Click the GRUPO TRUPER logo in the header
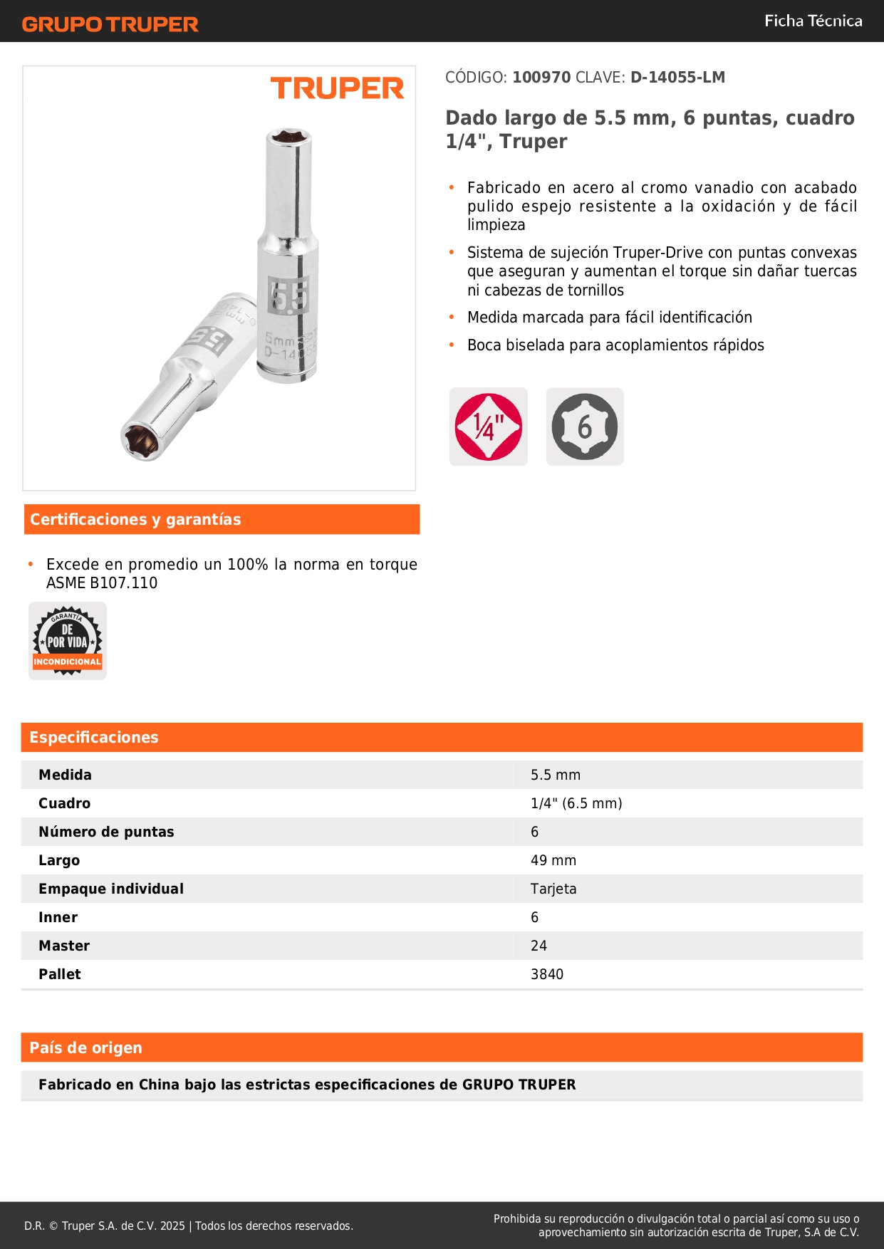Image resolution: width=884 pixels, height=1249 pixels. point(110,24)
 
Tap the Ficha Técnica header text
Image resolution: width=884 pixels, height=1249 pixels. point(813,21)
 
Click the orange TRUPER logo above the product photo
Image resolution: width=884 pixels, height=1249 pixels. point(337,88)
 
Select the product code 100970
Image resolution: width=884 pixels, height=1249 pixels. point(541,78)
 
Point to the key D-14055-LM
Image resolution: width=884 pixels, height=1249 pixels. point(677,78)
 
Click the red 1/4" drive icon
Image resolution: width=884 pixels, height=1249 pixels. point(489,427)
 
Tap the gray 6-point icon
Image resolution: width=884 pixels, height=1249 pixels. point(585,427)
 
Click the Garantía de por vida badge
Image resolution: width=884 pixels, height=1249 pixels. point(68,641)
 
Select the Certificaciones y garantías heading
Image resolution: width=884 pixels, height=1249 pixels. point(135,520)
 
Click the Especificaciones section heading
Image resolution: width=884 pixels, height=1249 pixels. point(94,738)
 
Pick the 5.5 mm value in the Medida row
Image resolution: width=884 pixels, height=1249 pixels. point(556,775)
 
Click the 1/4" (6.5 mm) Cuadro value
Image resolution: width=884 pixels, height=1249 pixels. point(576,803)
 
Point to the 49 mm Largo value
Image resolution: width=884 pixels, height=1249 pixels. point(553,860)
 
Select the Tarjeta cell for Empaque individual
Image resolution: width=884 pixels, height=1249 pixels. point(553,889)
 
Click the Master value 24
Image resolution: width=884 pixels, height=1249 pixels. point(539,946)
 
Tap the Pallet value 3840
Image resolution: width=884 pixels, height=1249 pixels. point(547,974)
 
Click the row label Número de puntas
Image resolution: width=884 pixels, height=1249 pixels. point(106,832)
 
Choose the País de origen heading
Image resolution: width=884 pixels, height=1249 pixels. point(85,1048)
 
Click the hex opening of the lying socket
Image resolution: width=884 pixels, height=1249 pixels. point(139,439)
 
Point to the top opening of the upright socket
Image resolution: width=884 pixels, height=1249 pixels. point(288,136)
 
